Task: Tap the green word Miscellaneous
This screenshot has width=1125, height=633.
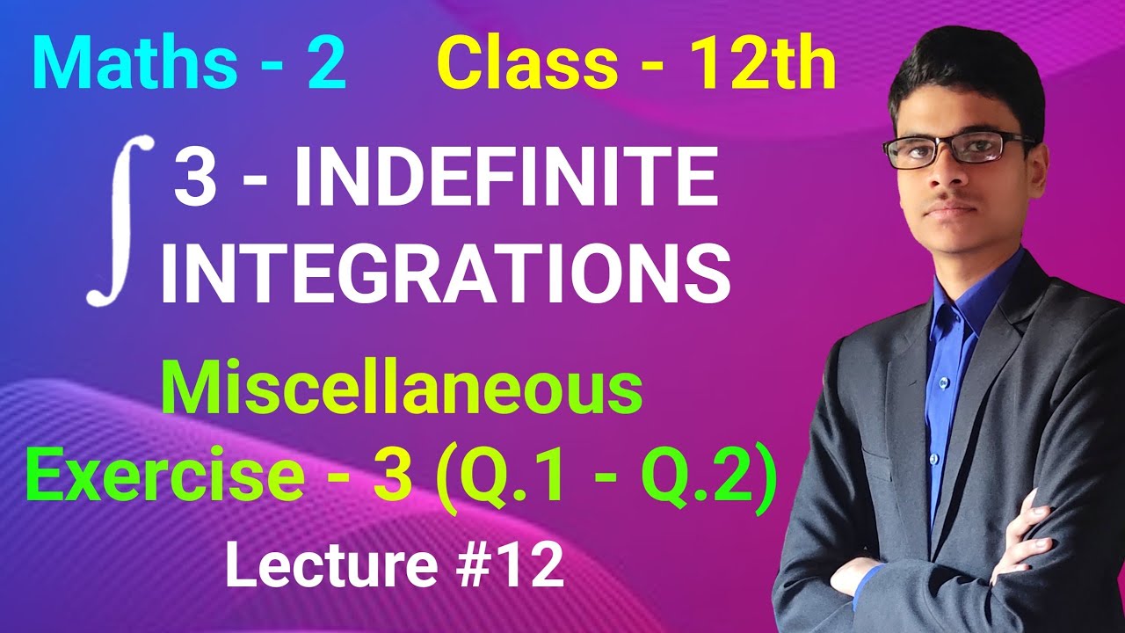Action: pos(403,393)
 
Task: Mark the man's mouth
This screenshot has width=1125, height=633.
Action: pos(954,208)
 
